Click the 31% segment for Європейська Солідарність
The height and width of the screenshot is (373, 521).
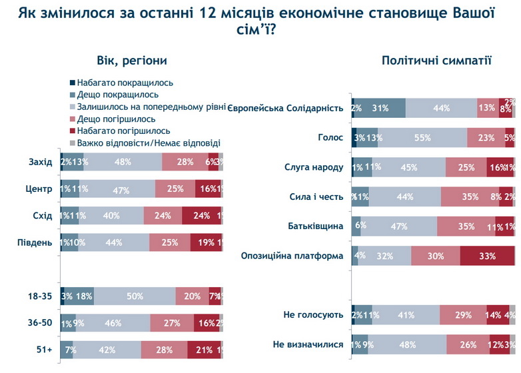point(380,108)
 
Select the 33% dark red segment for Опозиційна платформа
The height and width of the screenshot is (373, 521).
point(487,256)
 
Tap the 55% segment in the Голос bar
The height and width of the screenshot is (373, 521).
point(422,137)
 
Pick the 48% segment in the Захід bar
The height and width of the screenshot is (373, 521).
point(123,162)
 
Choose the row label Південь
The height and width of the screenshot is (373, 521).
point(34,242)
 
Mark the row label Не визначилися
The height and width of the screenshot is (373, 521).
point(308,344)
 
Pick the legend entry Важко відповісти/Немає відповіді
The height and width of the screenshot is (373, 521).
point(148,143)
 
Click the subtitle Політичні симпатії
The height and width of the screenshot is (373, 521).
point(436,61)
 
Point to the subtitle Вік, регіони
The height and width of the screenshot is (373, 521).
point(131,61)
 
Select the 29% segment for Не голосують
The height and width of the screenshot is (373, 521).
point(463,314)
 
